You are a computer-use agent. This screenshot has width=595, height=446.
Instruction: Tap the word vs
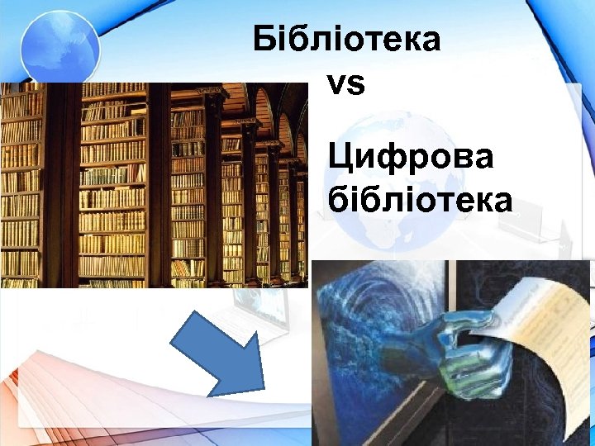(x=345, y=84)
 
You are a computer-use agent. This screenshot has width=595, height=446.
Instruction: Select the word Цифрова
(x=411, y=158)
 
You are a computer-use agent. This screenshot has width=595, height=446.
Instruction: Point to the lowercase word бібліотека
(x=420, y=201)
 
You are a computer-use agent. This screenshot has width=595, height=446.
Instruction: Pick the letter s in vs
(x=355, y=85)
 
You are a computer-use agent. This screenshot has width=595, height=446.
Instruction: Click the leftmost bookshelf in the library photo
(x=21, y=190)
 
